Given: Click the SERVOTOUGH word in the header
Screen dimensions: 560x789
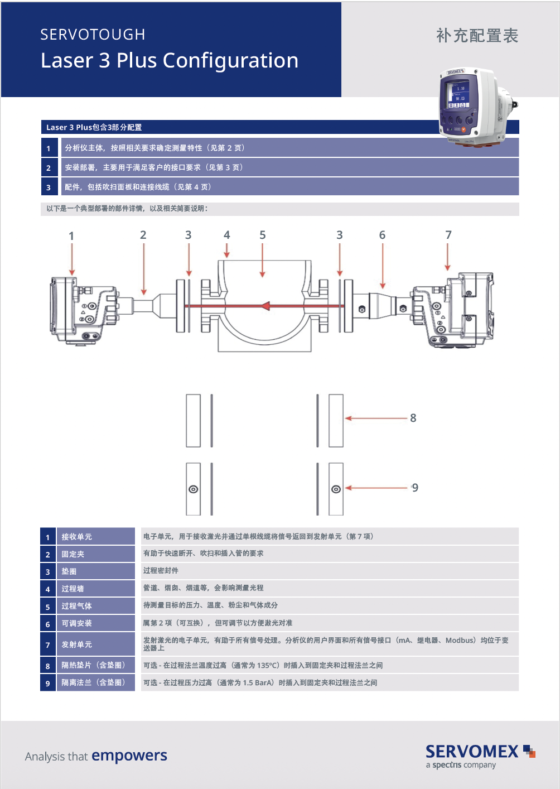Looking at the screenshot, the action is point(93,35).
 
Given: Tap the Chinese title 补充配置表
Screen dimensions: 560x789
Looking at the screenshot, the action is point(477,36).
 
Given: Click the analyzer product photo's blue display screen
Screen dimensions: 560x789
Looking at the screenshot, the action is point(458,94).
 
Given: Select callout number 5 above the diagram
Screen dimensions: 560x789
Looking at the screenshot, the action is point(262,235).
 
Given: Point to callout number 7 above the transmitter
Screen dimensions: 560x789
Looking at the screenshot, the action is point(448,235).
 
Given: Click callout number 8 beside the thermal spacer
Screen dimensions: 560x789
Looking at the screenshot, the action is point(413,418).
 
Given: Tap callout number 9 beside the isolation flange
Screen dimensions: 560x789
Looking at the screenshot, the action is point(415,488).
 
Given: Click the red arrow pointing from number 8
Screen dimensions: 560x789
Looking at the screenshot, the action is point(376,418).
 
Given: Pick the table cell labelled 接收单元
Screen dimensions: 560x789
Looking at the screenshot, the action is point(95,536).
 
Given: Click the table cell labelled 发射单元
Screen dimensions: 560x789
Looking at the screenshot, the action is point(95,644).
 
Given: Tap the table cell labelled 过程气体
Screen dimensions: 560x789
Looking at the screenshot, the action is point(95,605).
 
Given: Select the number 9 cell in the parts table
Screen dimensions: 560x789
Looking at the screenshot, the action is point(48,682).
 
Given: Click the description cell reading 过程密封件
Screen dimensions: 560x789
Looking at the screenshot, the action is point(330,571).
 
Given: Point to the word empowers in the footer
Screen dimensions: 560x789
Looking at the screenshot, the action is point(129,755).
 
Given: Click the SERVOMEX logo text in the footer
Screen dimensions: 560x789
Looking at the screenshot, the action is point(472,752).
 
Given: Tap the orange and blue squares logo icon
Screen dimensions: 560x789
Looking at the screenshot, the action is point(529,751).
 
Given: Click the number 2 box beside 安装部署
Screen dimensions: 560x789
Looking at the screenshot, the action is point(49,167).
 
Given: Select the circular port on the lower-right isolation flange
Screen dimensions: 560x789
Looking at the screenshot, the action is point(336,489).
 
